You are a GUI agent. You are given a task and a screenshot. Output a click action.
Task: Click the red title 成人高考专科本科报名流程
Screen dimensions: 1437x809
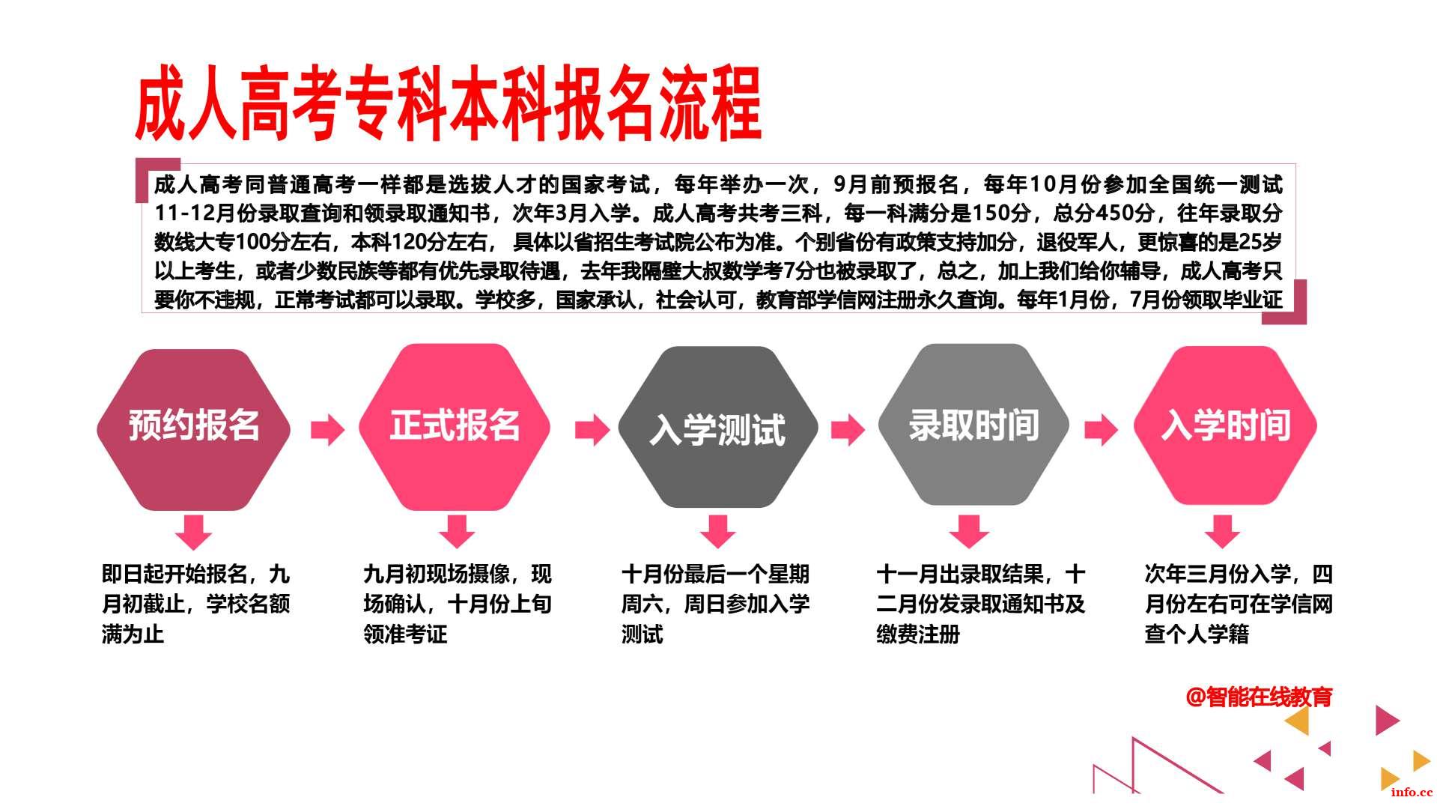(x=448, y=104)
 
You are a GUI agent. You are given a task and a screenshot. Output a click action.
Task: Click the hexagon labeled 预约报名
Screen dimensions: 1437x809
(x=193, y=429)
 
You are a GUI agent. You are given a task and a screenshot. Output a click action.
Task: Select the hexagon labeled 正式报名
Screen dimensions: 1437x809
(x=455, y=428)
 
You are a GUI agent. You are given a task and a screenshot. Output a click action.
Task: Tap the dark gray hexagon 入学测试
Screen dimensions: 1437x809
(x=717, y=428)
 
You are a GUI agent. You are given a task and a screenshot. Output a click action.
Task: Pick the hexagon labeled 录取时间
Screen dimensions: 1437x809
(x=973, y=425)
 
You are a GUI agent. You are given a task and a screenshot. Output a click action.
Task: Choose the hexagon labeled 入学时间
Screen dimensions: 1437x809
(x=1225, y=425)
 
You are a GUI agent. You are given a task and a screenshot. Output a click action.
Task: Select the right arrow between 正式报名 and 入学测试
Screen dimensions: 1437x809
(x=592, y=429)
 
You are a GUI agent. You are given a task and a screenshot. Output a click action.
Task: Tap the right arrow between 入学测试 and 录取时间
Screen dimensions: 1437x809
(x=848, y=429)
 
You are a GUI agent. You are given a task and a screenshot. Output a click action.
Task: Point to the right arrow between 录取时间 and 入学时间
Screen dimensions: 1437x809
(x=1101, y=429)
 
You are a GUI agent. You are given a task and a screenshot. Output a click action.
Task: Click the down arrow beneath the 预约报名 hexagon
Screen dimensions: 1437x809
(x=193, y=532)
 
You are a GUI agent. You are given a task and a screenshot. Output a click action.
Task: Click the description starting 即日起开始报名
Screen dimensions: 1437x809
(x=195, y=605)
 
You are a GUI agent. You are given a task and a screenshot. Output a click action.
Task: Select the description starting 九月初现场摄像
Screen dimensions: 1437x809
(x=458, y=605)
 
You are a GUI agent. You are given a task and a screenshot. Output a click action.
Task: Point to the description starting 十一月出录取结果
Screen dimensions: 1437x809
(x=981, y=605)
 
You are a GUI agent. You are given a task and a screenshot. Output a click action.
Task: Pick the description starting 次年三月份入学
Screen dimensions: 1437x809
(x=1239, y=605)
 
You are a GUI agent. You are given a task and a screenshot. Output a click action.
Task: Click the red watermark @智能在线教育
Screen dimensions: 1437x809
(x=1259, y=697)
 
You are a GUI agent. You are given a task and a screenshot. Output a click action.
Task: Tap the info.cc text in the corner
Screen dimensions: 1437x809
(x=1412, y=793)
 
